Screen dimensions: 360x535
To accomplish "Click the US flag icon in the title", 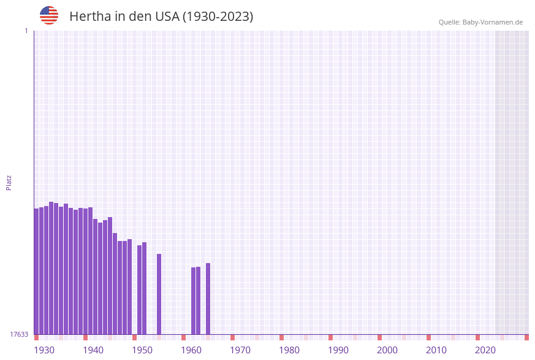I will (x=49, y=15).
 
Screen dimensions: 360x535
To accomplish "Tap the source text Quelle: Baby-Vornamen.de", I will (x=480, y=22).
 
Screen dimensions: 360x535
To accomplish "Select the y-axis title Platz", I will (x=9, y=183).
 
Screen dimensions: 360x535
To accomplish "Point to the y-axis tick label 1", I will (x=26, y=31).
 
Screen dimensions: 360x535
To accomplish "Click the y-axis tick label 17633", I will (x=19, y=334).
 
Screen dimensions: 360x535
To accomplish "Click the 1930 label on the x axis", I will (x=44, y=350).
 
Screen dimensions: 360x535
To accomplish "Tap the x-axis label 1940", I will (x=93, y=350).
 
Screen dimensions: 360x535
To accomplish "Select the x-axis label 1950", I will (x=142, y=350).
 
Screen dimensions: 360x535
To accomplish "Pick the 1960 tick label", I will (x=191, y=350).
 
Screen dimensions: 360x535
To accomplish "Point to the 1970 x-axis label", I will (x=240, y=350).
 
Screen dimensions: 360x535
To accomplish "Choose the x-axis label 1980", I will (x=289, y=350).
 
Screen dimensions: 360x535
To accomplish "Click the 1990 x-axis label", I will (x=338, y=350).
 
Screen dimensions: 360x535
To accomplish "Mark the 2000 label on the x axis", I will (x=387, y=350).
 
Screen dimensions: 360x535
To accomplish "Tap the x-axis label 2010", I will (x=436, y=350).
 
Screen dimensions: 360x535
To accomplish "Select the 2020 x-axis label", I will (x=485, y=350).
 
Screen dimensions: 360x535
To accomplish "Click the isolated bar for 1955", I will (x=159, y=294).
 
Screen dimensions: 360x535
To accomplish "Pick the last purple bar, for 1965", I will (x=208, y=299).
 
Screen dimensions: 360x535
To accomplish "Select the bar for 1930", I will (x=36, y=271).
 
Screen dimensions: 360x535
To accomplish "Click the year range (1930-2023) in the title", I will (x=218, y=17).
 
